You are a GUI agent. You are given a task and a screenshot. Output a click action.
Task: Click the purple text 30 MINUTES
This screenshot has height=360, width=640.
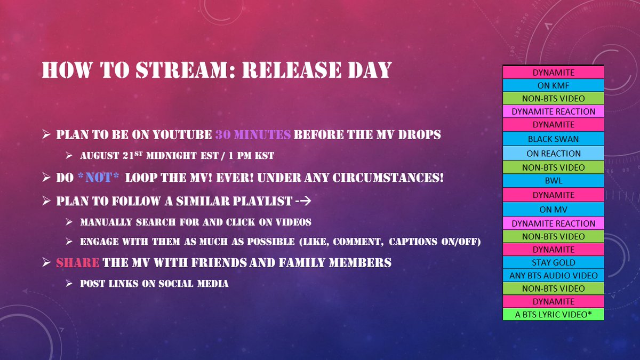click(253, 134)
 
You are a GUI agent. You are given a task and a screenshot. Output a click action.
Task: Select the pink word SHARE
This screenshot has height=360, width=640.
click(78, 262)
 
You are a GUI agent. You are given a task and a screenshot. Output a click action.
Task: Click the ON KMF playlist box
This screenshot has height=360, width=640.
click(553, 85)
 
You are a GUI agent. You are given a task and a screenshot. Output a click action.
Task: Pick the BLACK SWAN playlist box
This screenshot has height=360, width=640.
click(553, 139)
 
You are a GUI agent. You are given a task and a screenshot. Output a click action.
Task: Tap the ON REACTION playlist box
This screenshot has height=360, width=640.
click(553, 153)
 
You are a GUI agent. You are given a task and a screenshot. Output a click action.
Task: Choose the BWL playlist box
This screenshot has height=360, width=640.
click(553, 181)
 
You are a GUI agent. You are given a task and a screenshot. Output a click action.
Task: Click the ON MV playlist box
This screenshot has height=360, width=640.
click(553, 209)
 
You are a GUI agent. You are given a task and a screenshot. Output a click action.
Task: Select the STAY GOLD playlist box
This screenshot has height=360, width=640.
click(553, 262)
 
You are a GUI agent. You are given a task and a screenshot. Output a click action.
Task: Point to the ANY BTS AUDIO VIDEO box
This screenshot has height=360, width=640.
click(553, 276)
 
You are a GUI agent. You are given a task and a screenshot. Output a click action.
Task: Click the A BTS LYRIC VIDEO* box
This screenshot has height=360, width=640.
click(553, 315)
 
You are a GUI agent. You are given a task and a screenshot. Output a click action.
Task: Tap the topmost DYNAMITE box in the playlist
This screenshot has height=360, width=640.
click(553, 71)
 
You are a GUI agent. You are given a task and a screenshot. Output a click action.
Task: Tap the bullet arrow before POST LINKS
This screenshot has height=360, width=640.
click(69, 284)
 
